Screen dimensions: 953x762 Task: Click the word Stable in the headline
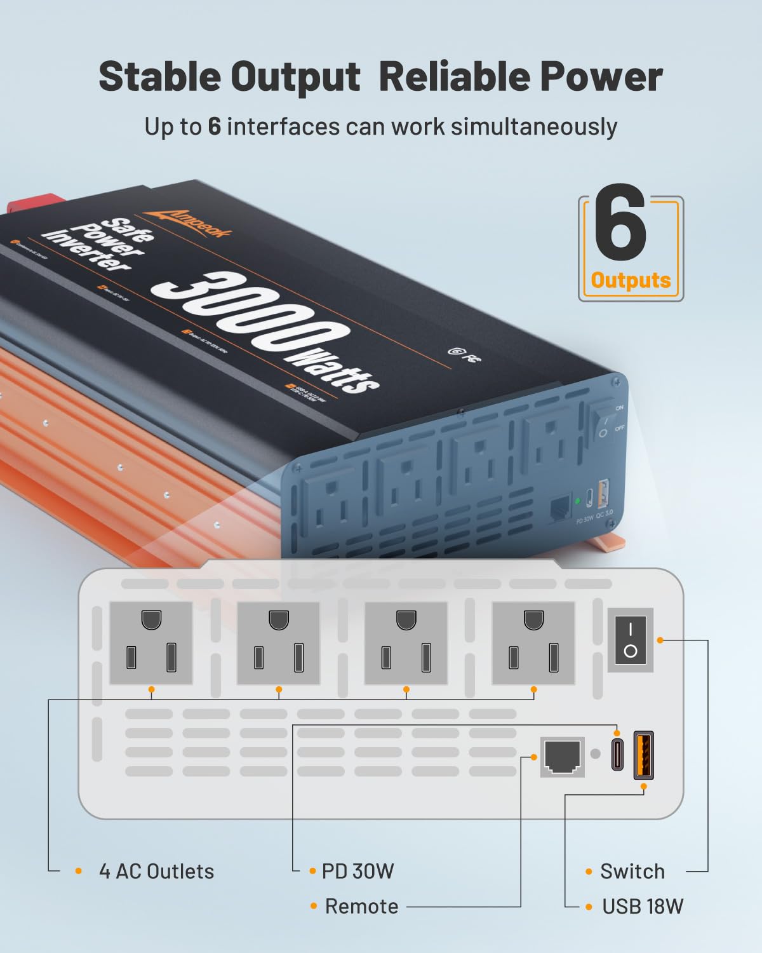tap(161, 77)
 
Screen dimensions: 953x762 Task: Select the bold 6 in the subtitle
tap(214, 126)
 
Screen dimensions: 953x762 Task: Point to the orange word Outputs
tap(631, 280)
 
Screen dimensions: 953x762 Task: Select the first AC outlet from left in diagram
tap(151, 643)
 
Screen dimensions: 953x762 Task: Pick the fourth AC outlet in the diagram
tap(533, 643)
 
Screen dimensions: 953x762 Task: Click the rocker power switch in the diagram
tap(630, 640)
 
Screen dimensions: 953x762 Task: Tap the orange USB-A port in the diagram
tap(643, 754)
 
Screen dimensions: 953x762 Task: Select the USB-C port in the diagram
tap(617, 754)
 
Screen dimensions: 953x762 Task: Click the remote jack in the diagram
tap(562, 757)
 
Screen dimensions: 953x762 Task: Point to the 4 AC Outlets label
tap(156, 871)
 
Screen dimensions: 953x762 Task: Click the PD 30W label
tap(358, 871)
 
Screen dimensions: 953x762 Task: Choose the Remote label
tap(361, 906)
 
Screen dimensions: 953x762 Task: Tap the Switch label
tap(632, 871)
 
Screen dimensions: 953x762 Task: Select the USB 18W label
tap(643, 906)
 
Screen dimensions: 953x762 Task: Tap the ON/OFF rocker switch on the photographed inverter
tap(604, 420)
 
